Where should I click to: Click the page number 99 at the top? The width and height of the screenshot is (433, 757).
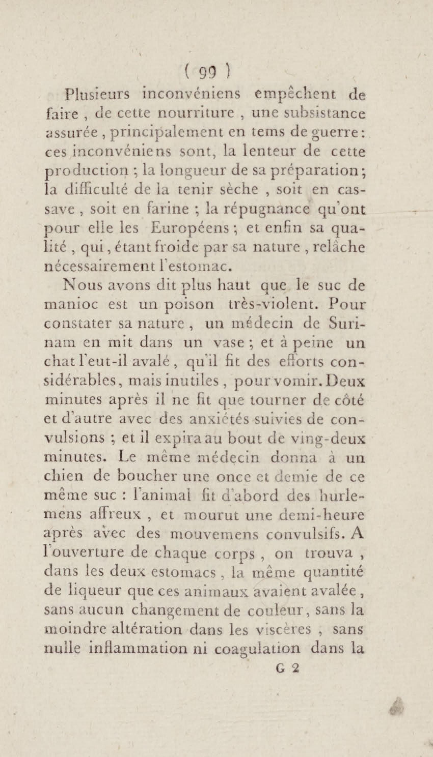[207, 73]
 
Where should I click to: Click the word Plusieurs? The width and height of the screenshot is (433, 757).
[97, 94]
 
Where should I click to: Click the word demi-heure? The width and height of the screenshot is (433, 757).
[322, 514]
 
